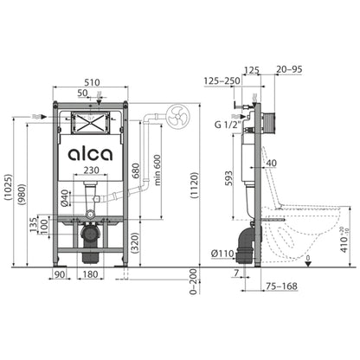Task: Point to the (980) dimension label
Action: [23, 197]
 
